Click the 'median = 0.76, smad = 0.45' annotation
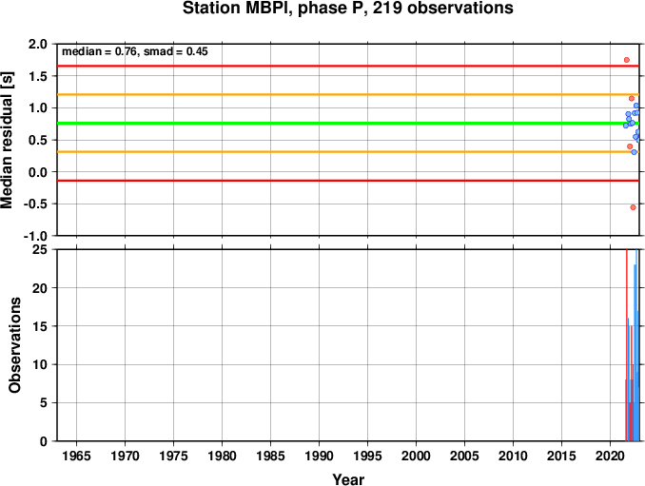click(x=135, y=51)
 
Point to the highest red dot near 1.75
click(x=627, y=60)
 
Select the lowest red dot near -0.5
click(x=633, y=207)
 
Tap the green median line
click(x=348, y=124)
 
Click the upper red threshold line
click(x=348, y=66)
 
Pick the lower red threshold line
click(x=348, y=181)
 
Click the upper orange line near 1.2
click(x=348, y=94)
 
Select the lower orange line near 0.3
click(x=348, y=152)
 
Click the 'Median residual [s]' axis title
click(x=8, y=140)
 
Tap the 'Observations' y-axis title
click(x=15, y=345)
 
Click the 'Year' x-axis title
click(x=348, y=479)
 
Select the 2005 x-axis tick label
click(x=465, y=456)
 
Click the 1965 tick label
click(x=76, y=456)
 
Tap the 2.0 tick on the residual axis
click(x=38, y=44)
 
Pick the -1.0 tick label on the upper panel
click(x=35, y=236)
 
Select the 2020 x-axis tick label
click(x=611, y=456)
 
